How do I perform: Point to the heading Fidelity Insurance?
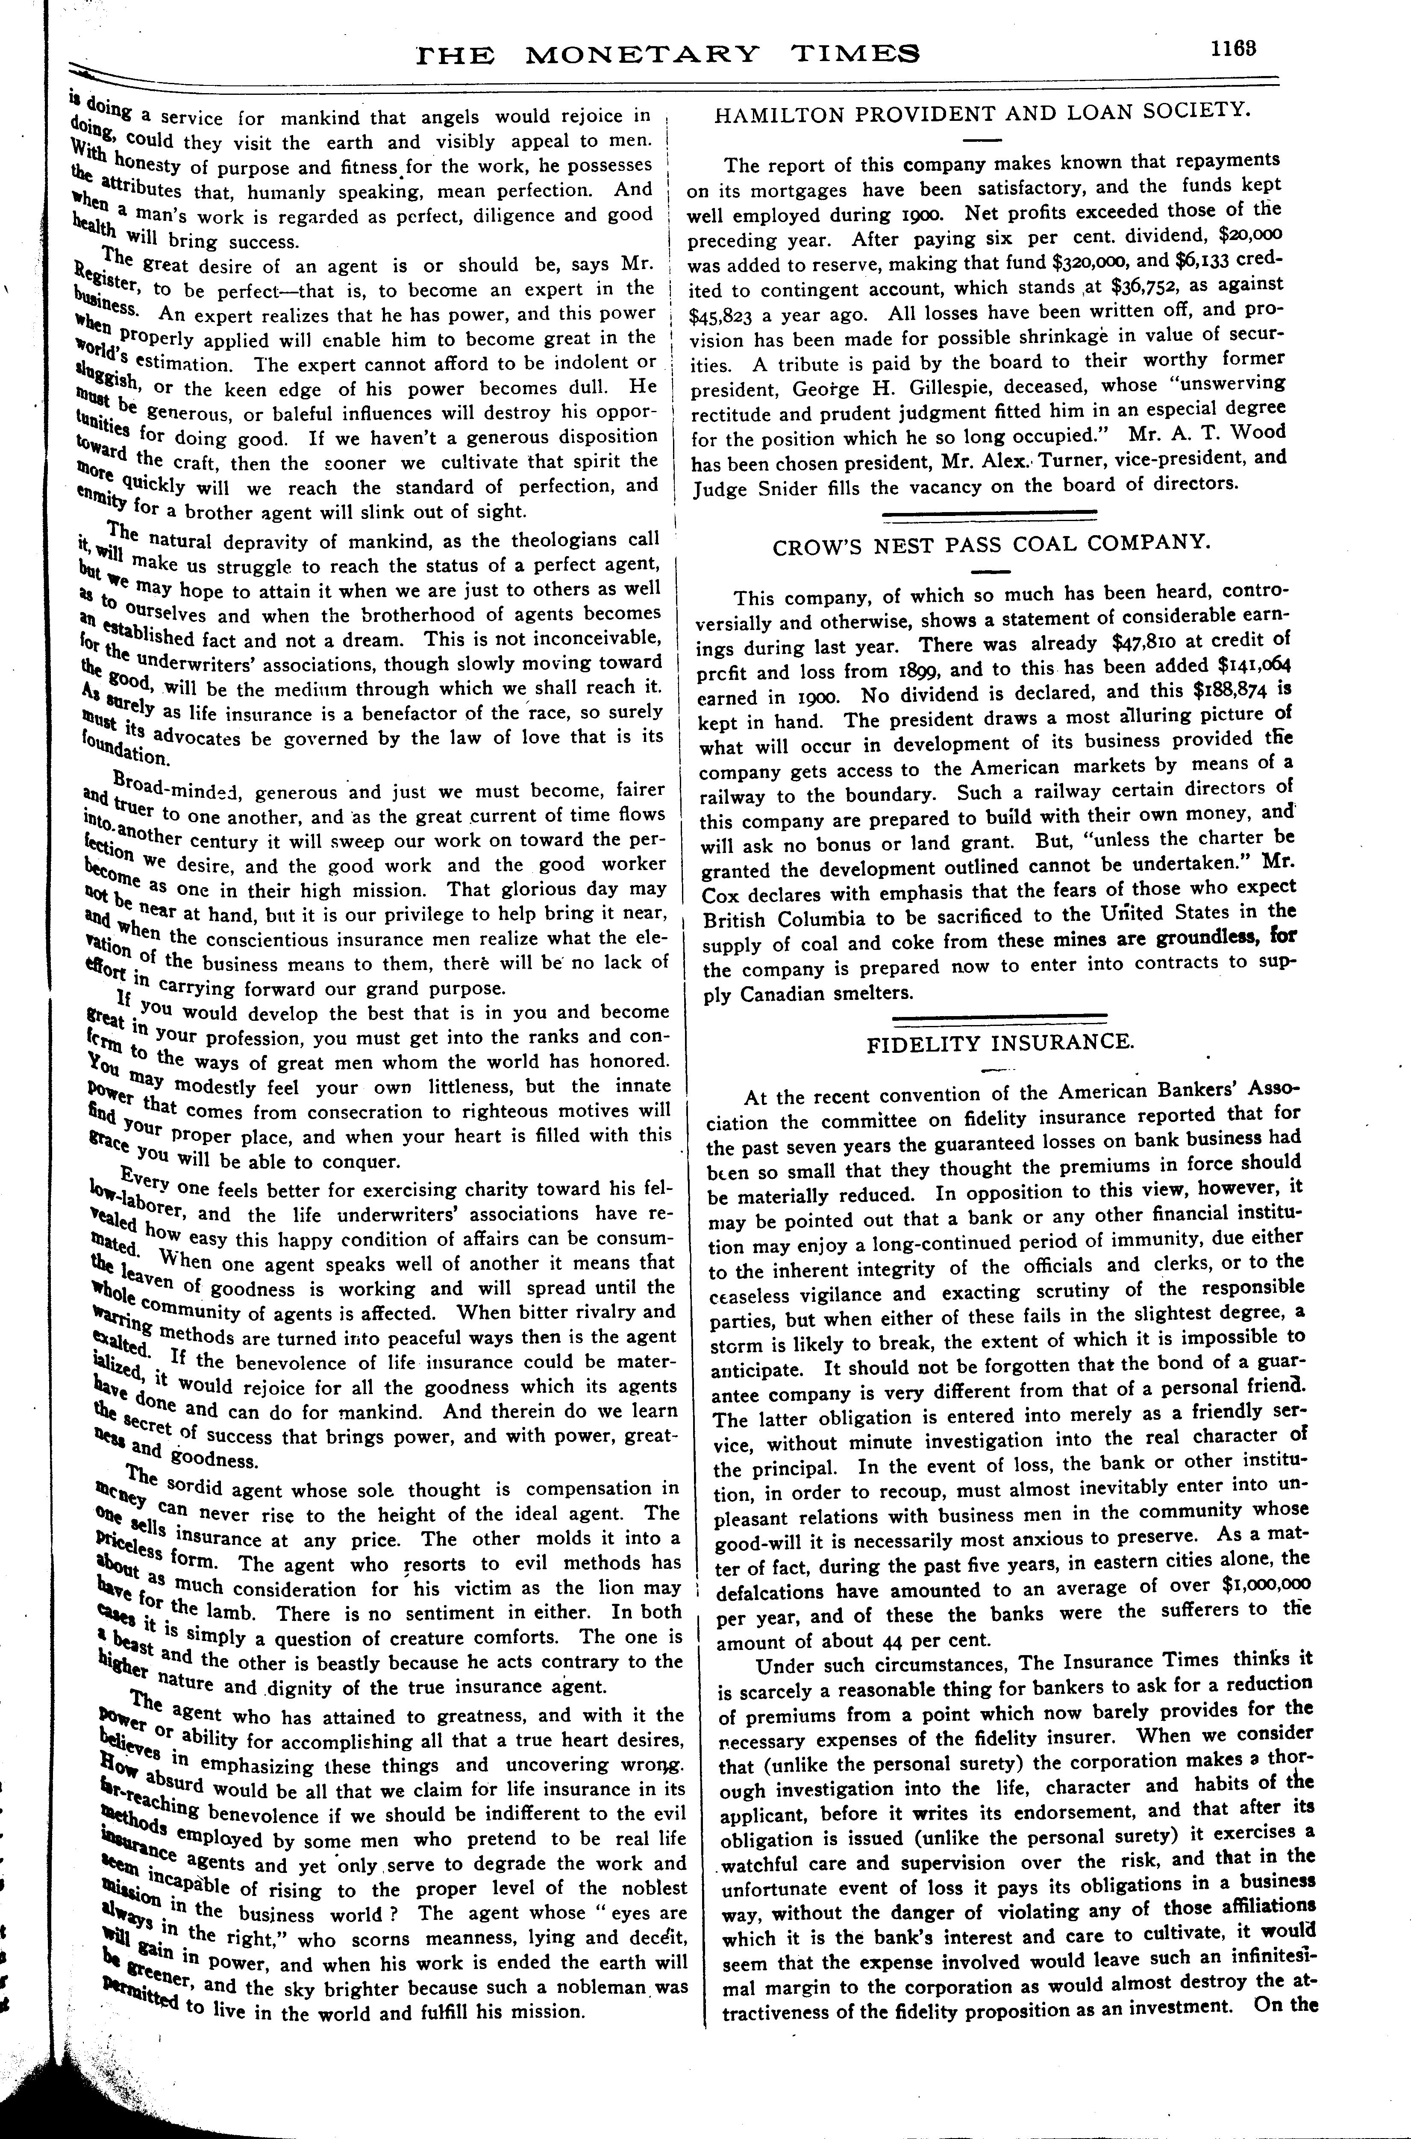pos(999,1043)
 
